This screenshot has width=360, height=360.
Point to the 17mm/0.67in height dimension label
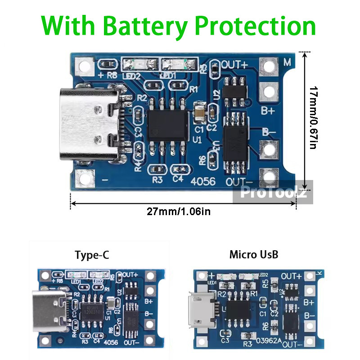pyautogui.click(x=314, y=118)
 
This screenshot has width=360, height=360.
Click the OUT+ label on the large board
pyautogui.click(x=235, y=64)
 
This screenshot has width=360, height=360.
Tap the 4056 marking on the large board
pyautogui.click(x=204, y=181)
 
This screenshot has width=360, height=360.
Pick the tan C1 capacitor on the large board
pyautogui.click(x=198, y=112)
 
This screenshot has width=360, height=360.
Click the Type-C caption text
pyautogui.click(x=92, y=256)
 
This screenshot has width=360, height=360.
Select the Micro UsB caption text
pyautogui.click(x=254, y=255)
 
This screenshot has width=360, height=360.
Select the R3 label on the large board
pyautogui.click(x=157, y=180)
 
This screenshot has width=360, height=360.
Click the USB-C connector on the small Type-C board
pyautogui.click(x=50, y=309)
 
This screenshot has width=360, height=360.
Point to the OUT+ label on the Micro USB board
pyautogui.click(x=291, y=276)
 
